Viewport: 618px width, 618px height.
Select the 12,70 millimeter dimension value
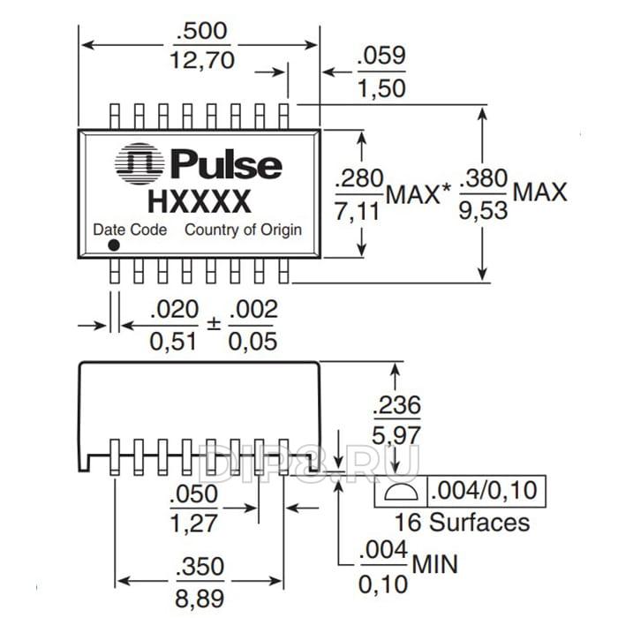[x=201, y=62]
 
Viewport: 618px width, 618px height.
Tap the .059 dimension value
[x=381, y=57]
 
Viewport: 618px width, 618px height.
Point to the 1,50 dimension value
[x=381, y=87]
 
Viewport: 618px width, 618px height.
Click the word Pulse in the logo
[x=225, y=165]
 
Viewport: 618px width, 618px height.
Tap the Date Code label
[x=131, y=230]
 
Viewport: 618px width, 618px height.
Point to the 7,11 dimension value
[x=358, y=210]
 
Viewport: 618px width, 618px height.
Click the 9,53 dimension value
[x=485, y=210]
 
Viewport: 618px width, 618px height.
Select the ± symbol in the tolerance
[x=213, y=324]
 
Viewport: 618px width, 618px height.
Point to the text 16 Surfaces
[x=462, y=521]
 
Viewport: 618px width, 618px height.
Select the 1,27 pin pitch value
[x=193, y=523]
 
